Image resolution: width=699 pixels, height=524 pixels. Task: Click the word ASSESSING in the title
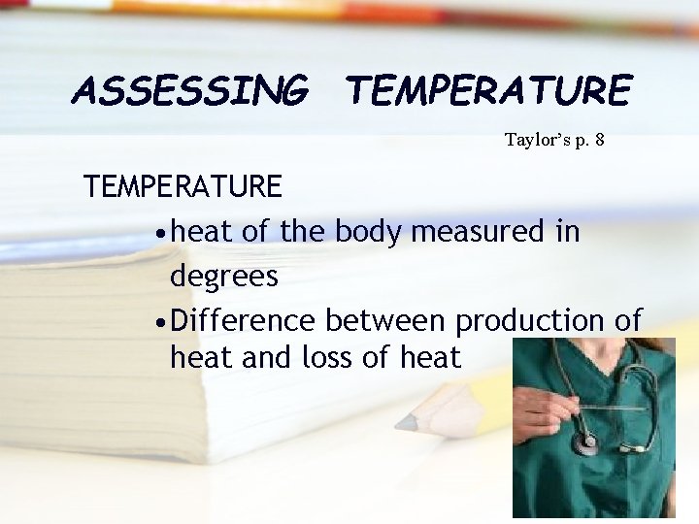point(190,91)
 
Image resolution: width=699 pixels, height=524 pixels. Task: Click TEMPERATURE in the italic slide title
point(488,91)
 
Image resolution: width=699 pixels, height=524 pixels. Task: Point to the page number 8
point(600,140)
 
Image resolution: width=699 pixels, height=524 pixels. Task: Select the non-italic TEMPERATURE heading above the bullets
point(183,185)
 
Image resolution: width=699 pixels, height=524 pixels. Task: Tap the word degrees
point(223,277)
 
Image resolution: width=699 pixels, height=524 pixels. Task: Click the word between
point(386,320)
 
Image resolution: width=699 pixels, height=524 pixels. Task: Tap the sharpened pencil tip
point(400,423)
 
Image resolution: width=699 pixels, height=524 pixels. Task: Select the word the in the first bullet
point(303,232)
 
